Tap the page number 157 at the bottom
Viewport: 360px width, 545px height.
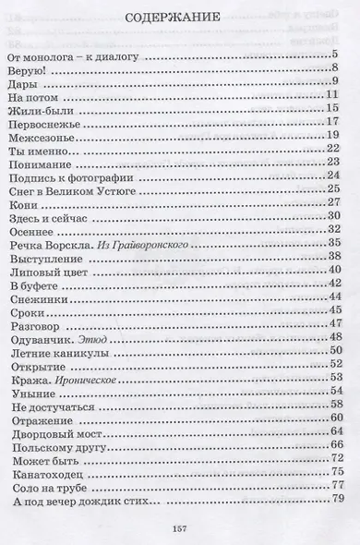(x=178, y=527)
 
